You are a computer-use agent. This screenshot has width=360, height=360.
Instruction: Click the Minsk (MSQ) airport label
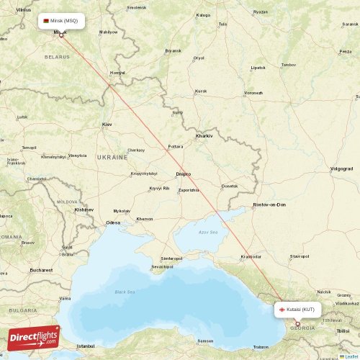click(x=62, y=21)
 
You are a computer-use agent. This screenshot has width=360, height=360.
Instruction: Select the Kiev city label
click(x=107, y=125)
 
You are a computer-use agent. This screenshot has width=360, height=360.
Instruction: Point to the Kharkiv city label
click(x=204, y=135)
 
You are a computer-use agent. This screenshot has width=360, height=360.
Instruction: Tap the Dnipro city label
click(x=184, y=174)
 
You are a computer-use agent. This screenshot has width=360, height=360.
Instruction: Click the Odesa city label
click(x=113, y=222)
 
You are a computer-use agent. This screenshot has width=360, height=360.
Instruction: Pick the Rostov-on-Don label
click(x=269, y=204)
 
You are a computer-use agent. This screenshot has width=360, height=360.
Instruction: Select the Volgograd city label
click(x=341, y=168)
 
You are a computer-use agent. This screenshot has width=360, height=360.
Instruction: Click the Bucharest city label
click(x=41, y=270)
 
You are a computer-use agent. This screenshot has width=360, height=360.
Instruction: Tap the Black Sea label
click(x=125, y=292)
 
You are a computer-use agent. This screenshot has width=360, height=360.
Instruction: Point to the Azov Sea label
click(x=208, y=233)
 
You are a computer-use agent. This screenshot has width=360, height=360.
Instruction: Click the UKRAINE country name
click(x=112, y=156)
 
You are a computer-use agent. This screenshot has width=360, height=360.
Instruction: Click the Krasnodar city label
click(x=251, y=256)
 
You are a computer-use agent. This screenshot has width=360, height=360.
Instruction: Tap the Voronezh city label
click(x=253, y=93)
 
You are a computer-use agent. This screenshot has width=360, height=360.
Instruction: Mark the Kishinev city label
click(x=84, y=210)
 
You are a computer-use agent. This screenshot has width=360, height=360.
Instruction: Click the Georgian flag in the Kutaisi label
click(x=282, y=310)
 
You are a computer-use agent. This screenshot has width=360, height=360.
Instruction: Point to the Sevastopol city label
click(x=162, y=266)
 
